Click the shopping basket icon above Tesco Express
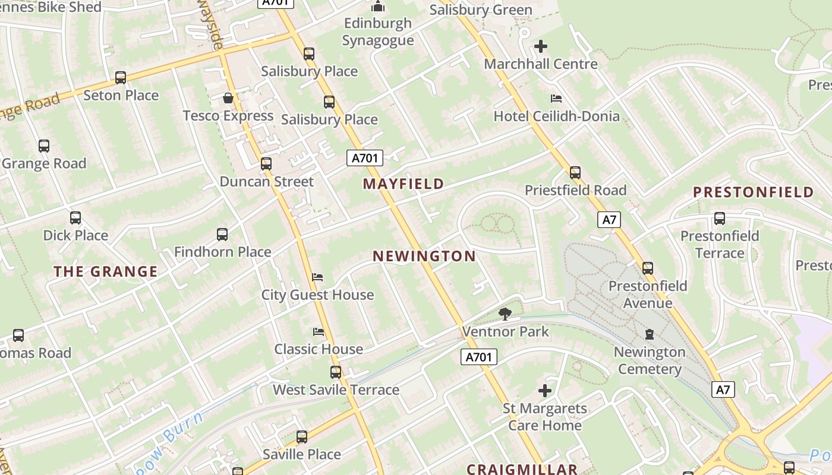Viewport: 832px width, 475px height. pos(228,98)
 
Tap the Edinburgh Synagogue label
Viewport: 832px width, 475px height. pos(378,32)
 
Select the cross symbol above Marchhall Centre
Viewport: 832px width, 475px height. pos(541,46)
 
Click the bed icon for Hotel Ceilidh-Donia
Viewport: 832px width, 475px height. pos(556,99)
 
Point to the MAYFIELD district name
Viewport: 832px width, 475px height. pos(404,184)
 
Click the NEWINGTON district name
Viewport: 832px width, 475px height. pos(424,256)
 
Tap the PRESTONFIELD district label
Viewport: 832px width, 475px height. pos(754,192)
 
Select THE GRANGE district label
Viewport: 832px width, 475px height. pos(106,272)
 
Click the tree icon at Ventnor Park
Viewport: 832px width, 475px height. pos(505,314)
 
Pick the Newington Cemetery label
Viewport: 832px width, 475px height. pos(650,360)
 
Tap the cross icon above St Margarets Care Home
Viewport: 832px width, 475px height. pos(545,391)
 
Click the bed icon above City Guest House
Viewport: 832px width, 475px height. pos(317,277)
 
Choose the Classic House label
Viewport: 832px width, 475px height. pos(319,349)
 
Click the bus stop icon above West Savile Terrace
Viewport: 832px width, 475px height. pos(336,372)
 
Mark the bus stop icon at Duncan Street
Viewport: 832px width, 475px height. pos(266,164)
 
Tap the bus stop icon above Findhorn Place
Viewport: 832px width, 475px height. pos(222,235)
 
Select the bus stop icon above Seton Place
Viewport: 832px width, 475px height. pos(121,78)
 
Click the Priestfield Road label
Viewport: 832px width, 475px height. pos(575,191)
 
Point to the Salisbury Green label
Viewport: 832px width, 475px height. pos(481,10)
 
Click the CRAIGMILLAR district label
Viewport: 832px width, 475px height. pos(522,469)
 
